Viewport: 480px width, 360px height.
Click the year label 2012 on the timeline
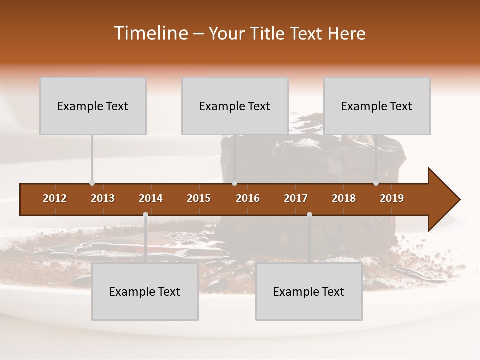tap(55, 198)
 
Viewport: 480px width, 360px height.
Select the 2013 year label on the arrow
tap(103, 198)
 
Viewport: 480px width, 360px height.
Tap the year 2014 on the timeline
tap(151, 198)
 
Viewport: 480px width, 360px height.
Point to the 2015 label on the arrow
tap(199, 198)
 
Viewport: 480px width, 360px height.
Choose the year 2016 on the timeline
tap(248, 198)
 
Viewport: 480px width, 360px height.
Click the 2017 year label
tap(296, 198)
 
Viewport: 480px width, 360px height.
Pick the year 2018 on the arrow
tap(344, 198)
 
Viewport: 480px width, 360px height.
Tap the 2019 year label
tap(392, 198)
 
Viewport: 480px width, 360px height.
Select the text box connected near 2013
tap(93, 106)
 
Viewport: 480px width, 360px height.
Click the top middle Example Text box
tap(235, 106)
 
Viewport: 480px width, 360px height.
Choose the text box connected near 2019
tap(377, 106)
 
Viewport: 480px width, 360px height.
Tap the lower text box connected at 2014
tap(145, 291)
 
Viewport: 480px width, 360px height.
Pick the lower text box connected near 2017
tap(309, 291)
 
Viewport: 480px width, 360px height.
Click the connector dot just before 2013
tap(92, 183)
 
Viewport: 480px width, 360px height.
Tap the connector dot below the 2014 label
tap(145, 214)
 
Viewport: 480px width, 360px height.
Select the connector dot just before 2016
tap(234, 183)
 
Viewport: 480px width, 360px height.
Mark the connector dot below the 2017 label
tap(309, 214)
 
